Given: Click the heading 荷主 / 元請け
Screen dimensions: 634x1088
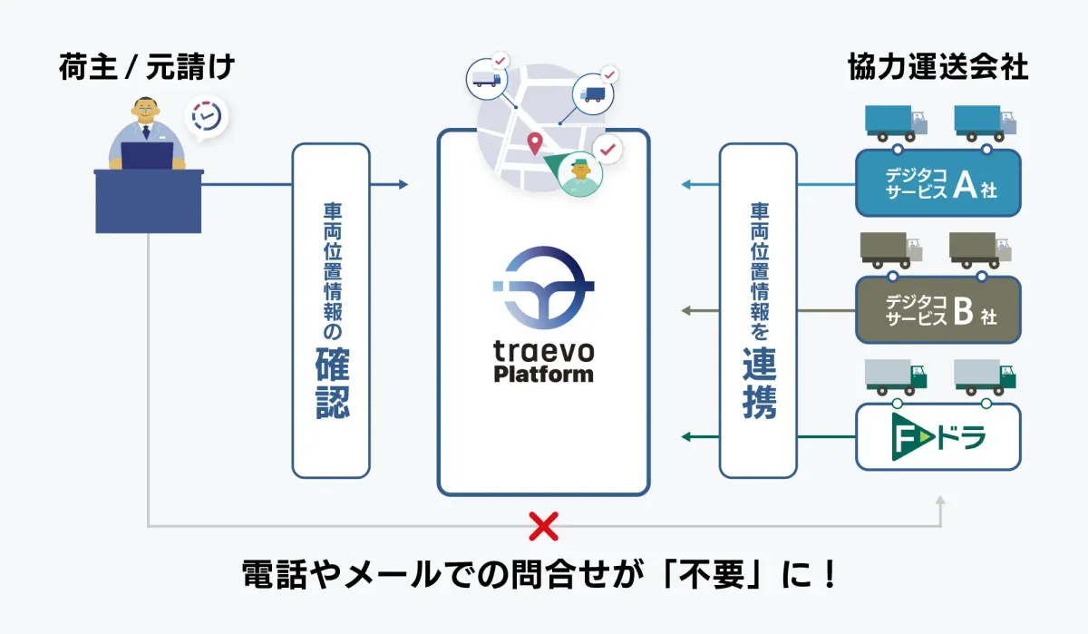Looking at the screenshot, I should pos(147,69).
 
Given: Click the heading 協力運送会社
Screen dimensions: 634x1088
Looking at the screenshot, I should pos(937,69).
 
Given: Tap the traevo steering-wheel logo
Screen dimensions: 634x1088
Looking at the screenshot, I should pos(543,288).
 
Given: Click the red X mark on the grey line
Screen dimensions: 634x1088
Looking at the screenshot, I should pos(543,525).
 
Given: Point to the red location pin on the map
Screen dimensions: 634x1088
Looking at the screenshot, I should pos(535,142).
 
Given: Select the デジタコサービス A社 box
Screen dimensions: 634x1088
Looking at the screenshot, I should pos(938,182).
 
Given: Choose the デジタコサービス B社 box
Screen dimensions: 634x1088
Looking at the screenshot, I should pos(938,309).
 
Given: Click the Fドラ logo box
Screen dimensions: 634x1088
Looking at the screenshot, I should pos(938,437).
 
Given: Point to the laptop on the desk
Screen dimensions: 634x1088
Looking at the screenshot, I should pos(147,156).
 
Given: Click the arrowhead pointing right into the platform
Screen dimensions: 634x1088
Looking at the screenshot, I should pos(403,185).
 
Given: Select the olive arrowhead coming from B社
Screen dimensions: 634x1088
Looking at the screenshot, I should pos(687,311).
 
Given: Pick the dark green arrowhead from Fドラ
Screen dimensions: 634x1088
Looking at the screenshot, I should pos(687,438).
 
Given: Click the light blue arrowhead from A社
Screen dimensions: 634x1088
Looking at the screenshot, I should pos(687,185).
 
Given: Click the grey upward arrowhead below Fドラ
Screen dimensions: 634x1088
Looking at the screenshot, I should pos(941,500).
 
